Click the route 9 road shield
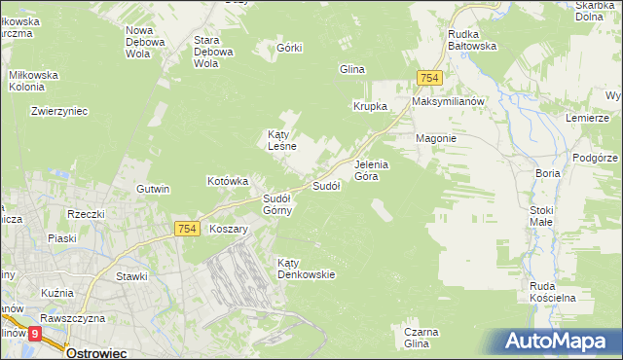(x=35, y=333)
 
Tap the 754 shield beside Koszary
(x=189, y=229)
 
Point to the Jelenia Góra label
(x=372, y=170)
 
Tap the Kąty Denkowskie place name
(x=306, y=269)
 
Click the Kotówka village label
(x=229, y=181)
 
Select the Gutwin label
(x=154, y=189)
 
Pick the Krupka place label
(x=371, y=106)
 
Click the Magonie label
(x=436, y=138)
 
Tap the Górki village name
(x=290, y=48)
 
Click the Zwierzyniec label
(x=59, y=111)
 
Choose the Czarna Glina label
(x=417, y=338)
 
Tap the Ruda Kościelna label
(x=553, y=291)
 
